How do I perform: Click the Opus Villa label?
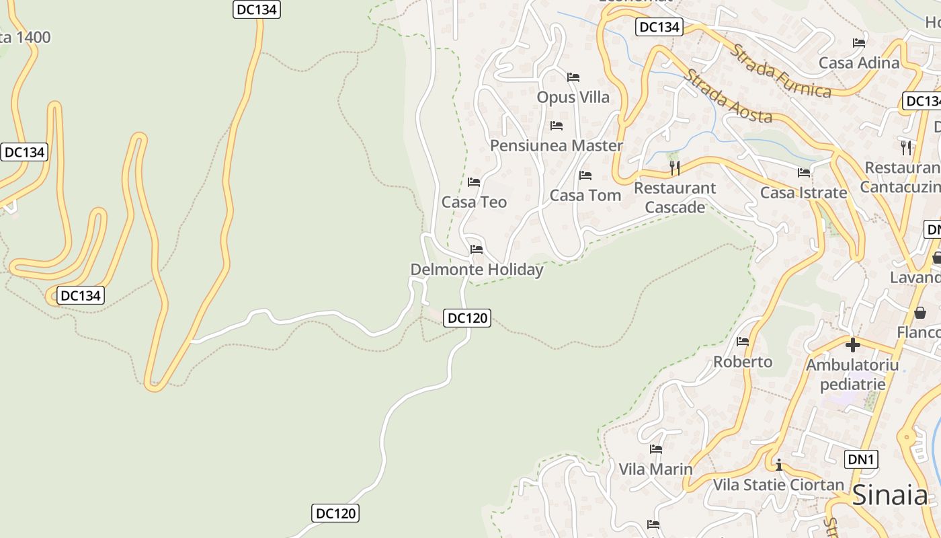point(573,98)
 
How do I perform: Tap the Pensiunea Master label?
point(556,145)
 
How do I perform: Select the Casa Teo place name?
point(474,202)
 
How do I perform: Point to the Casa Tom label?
point(585,195)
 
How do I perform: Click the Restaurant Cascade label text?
point(675,197)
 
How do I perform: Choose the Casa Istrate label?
point(803,193)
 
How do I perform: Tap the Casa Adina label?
point(858,63)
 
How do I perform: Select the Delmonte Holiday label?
point(477,270)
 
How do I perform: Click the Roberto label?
point(743,362)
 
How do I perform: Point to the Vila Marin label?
point(655,469)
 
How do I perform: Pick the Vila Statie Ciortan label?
point(778,484)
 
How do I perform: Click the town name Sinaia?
point(890,496)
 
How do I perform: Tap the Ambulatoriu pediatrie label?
point(852,375)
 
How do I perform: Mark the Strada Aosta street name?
point(728,96)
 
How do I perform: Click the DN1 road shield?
point(860,459)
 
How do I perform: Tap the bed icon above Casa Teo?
point(474,182)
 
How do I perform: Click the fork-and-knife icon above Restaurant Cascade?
point(675,167)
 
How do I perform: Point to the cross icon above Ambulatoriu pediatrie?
point(852,345)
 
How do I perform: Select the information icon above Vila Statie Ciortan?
point(778,465)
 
